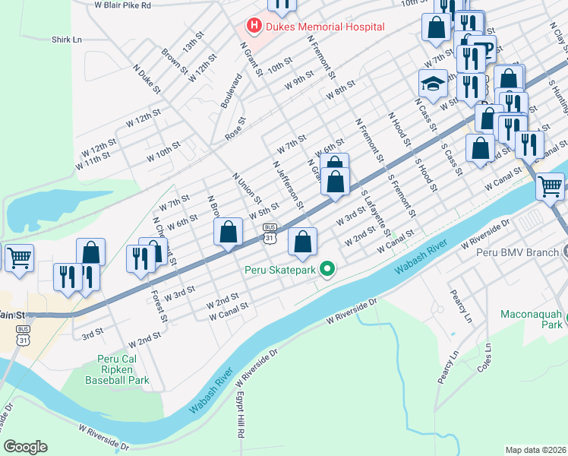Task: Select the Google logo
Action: (x=25, y=447)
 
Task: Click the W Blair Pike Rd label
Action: (x=123, y=5)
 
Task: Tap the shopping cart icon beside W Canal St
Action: (x=550, y=185)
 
